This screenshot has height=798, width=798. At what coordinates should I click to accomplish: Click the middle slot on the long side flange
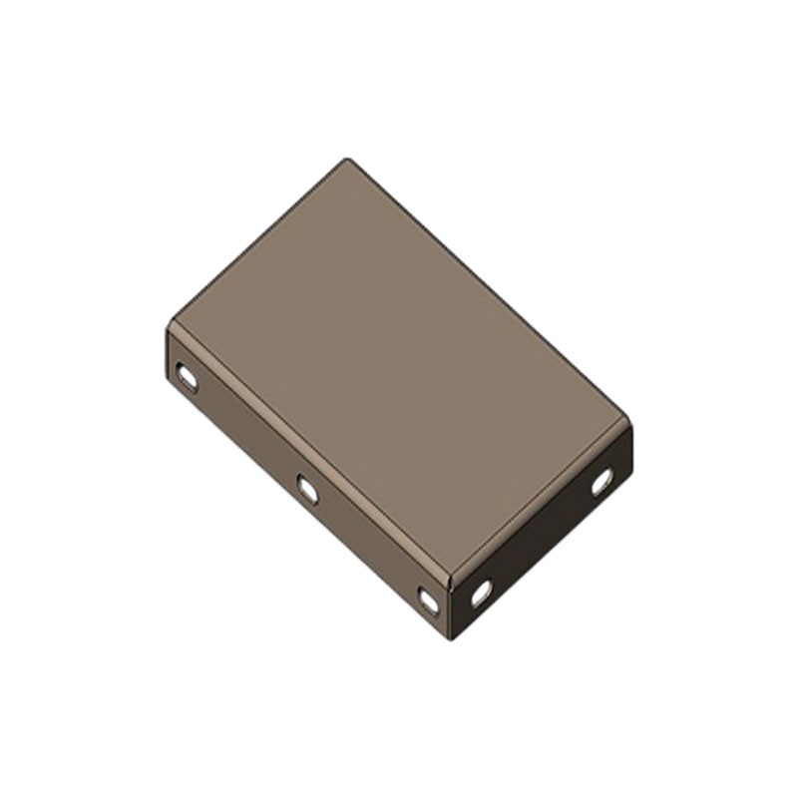coord(308,489)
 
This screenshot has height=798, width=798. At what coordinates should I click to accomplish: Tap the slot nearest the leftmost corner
coord(187,376)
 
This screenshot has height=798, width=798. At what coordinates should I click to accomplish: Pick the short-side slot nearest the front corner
coord(481,593)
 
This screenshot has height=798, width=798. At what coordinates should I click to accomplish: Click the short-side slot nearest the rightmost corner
coord(601,482)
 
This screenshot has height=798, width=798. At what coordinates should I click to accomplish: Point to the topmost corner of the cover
coord(347,160)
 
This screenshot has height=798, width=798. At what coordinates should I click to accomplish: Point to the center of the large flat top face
coord(399,369)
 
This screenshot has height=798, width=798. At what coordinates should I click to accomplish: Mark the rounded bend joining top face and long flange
coord(309,454)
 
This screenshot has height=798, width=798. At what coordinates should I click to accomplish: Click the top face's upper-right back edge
coord(489,289)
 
